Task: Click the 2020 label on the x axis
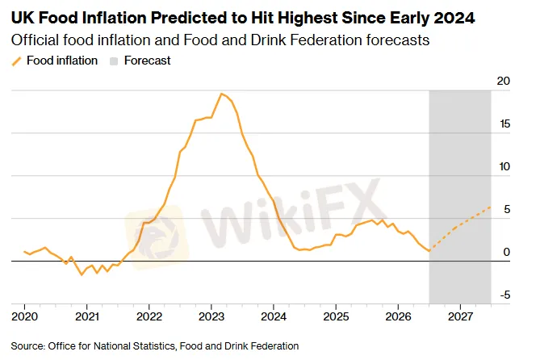pyautogui.click(x=24, y=316)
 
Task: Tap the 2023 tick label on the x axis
pyautogui.click(x=211, y=316)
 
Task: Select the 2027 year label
pyautogui.click(x=461, y=316)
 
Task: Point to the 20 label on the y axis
pyautogui.click(x=503, y=81)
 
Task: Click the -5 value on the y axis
pyautogui.click(x=504, y=295)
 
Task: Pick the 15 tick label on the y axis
pyautogui.click(x=504, y=123)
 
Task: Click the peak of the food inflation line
pyautogui.click(x=221, y=94)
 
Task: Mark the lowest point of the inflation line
pyautogui.click(x=82, y=275)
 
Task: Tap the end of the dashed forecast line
pyautogui.click(x=491, y=207)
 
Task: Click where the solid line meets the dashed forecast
pyautogui.click(x=429, y=250)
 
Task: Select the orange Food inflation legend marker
pyautogui.click(x=16, y=61)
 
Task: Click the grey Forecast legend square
pyautogui.click(x=114, y=61)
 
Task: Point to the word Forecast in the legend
pyautogui.click(x=148, y=61)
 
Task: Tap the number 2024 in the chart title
pyautogui.click(x=454, y=18)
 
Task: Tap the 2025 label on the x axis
pyautogui.click(x=336, y=316)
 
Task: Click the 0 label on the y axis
pyautogui.click(x=507, y=252)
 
